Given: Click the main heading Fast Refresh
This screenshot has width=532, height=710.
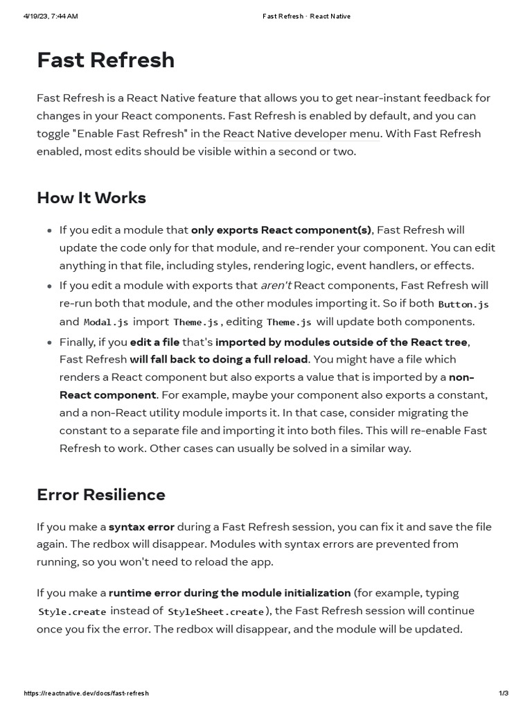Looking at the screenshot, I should pyautogui.click(x=105, y=60).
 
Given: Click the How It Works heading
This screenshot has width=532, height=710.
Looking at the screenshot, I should pyautogui.click(x=91, y=198).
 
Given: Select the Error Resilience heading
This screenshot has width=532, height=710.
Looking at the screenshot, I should pyautogui.click(x=101, y=494).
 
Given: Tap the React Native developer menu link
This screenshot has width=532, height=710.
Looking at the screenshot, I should pyautogui.click(x=301, y=134).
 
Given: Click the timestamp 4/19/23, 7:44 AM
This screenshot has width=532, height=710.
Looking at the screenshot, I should pyautogui.click(x=51, y=17).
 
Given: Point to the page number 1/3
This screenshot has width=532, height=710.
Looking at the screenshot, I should pyautogui.click(x=504, y=693).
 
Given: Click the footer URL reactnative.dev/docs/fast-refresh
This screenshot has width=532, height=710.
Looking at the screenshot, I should pyautogui.click(x=86, y=693).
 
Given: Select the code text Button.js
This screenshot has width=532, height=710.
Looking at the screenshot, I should pyautogui.click(x=463, y=304).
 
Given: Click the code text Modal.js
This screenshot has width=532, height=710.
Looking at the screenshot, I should pyautogui.click(x=105, y=322).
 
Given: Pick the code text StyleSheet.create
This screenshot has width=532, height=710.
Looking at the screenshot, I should pyautogui.click(x=216, y=612).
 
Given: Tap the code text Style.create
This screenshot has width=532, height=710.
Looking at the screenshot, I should pyautogui.click(x=72, y=612).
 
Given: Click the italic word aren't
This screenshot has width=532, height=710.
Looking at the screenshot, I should pyautogui.click(x=276, y=285).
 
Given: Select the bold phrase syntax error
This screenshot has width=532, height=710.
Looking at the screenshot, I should pyautogui.click(x=141, y=527).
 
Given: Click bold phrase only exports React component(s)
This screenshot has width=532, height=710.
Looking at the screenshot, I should pyautogui.click(x=281, y=230).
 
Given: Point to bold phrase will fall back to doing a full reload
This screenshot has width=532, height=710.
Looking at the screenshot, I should pyautogui.click(x=219, y=359).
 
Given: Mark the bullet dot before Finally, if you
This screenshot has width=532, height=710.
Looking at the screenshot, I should pyautogui.click(x=48, y=343).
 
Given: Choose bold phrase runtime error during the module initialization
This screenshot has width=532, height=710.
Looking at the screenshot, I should pyautogui.click(x=229, y=593).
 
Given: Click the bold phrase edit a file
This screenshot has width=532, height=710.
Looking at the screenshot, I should pyautogui.click(x=154, y=342).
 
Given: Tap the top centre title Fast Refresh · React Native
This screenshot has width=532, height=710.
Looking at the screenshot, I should pyautogui.click(x=306, y=17).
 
